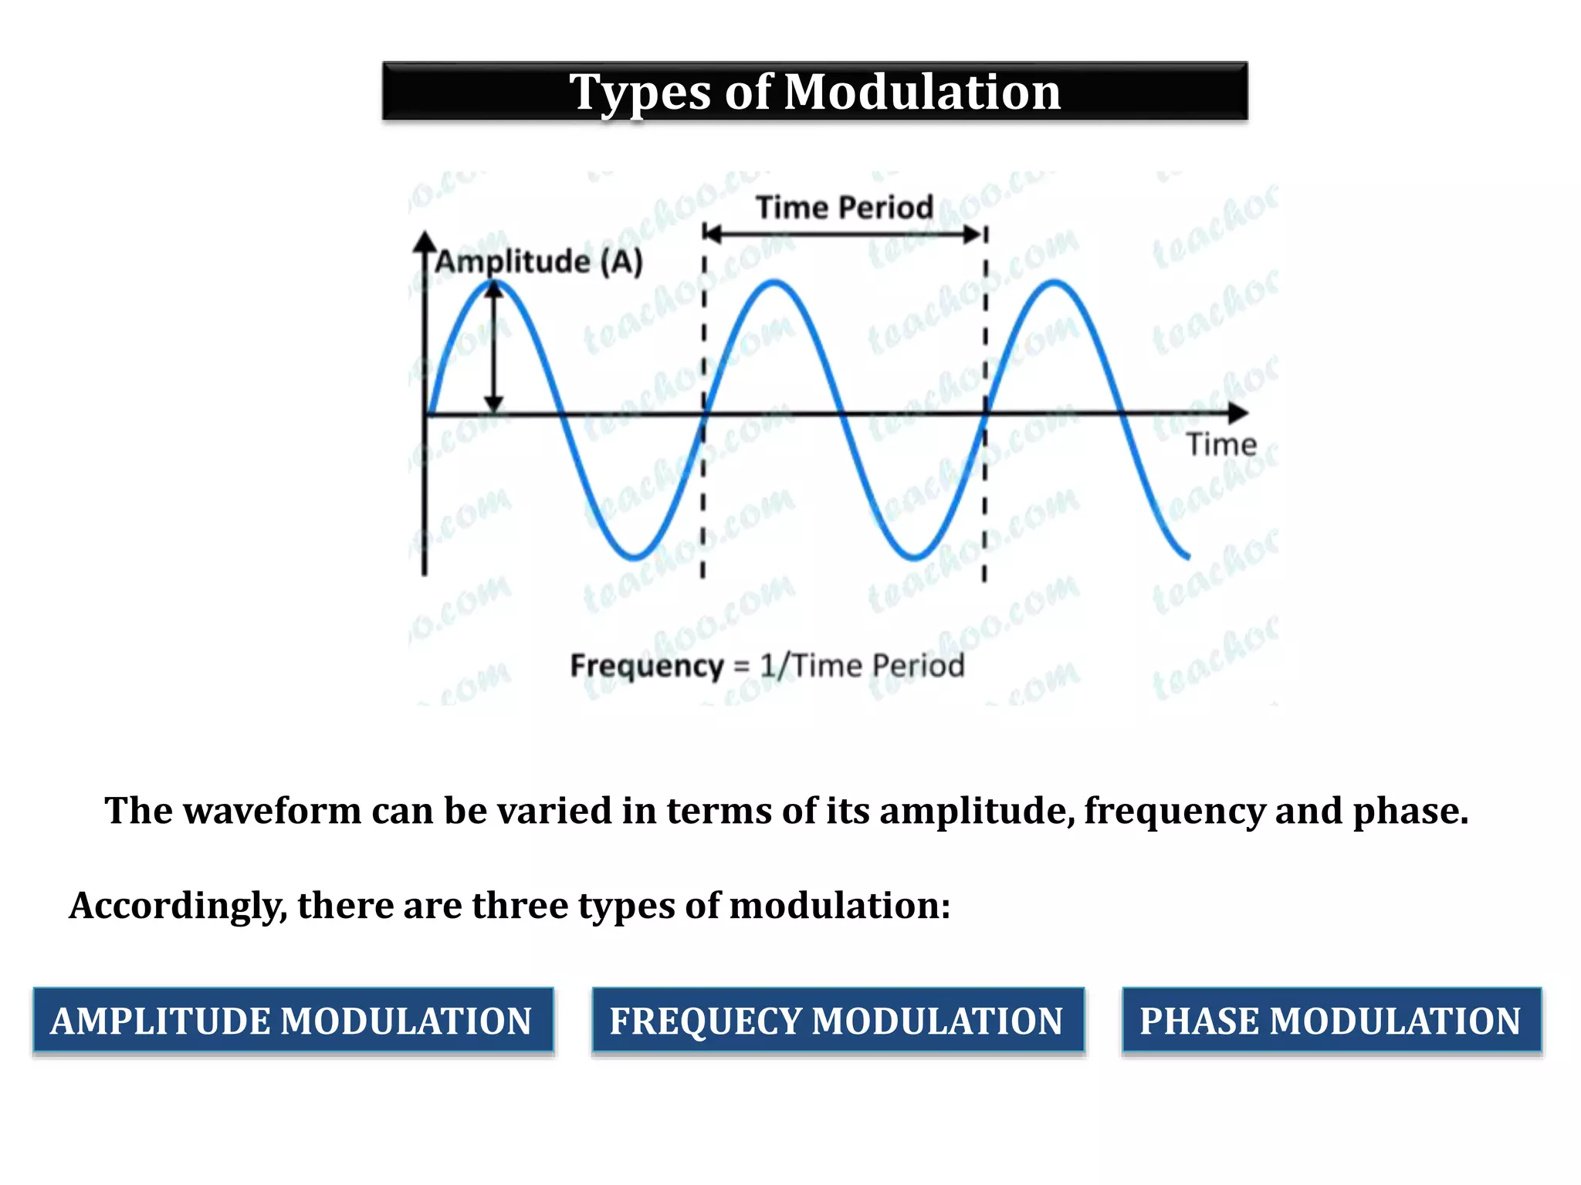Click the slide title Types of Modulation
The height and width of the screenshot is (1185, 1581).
(814, 92)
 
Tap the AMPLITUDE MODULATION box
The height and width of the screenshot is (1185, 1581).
(293, 1021)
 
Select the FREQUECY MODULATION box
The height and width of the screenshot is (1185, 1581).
(838, 1021)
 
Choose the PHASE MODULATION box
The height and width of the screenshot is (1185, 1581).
(1331, 1021)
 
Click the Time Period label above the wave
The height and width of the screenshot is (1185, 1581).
(844, 208)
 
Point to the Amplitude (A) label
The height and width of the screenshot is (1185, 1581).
(539, 262)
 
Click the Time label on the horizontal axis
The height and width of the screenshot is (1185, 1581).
(1221, 445)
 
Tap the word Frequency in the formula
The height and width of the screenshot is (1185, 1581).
(647, 666)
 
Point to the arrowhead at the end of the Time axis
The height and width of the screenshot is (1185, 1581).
(1238, 414)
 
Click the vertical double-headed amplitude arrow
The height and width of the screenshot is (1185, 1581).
(494, 347)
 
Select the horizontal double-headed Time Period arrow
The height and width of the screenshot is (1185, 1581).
(844, 234)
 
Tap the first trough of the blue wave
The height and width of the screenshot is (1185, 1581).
(635, 555)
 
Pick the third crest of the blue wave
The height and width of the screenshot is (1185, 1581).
(1055, 283)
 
